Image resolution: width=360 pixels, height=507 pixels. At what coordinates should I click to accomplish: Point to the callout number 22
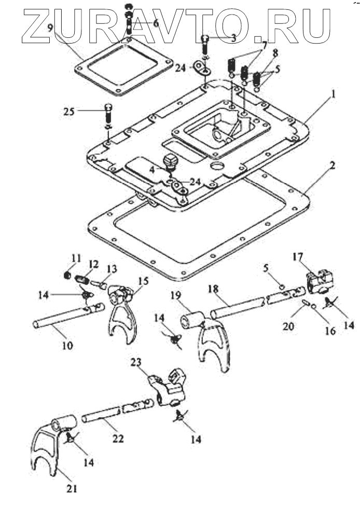tap(118, 439)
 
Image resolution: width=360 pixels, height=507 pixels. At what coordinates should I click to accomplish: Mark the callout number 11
tap(77, 257)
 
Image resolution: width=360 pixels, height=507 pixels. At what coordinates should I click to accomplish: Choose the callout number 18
tap(212, 289)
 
